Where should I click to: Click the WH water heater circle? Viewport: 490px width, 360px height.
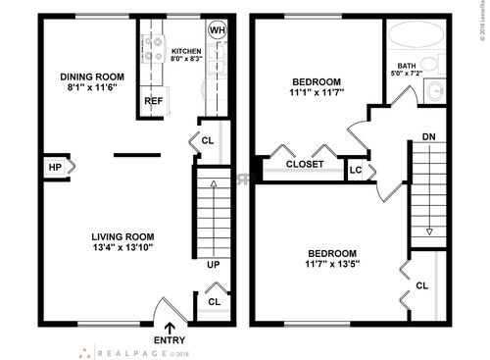218,29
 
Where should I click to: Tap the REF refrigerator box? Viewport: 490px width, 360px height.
153,101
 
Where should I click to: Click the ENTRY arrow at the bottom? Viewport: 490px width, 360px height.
171,329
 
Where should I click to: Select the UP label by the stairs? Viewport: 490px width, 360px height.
213,265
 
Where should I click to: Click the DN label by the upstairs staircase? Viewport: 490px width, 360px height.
428,136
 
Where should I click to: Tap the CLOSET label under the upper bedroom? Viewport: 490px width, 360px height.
305,164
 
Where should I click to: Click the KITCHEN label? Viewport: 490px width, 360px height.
186,51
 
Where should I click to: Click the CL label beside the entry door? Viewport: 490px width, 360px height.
214,302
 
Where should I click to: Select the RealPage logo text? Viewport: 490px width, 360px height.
132,350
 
